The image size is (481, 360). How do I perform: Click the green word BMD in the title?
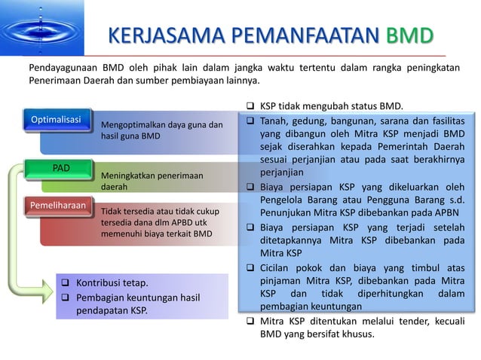(x=409, y=36)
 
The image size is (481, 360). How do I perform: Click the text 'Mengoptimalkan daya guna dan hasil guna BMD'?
(x=161, y=130)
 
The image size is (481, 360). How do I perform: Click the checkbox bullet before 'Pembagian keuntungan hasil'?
(x=65, y=297)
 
